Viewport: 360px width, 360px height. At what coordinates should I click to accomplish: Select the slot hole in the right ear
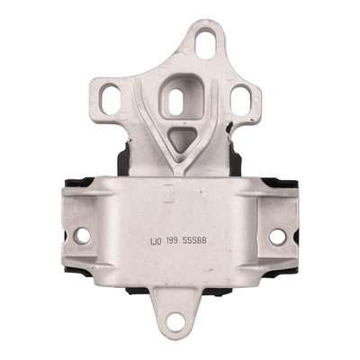click(x=242, y=98)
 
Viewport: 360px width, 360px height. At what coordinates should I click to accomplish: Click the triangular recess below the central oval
click(x=180, y=137)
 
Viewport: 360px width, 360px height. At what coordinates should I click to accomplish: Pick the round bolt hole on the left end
click(x=83, y=236)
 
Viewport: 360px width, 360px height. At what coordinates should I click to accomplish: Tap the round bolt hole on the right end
click(x=277, y=237)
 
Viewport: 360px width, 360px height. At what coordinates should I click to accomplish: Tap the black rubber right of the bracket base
click(x=236, y=163)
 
